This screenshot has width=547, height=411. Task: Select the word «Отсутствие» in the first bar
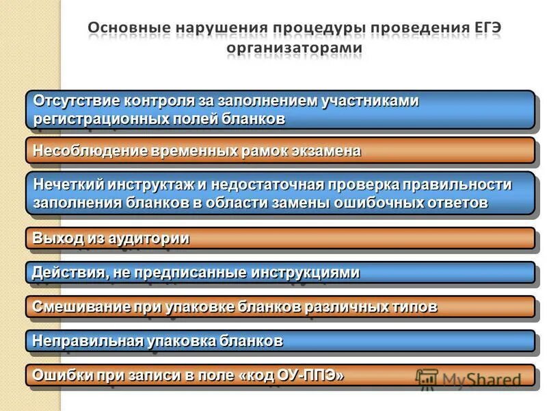77,101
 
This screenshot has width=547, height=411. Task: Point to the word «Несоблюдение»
81,151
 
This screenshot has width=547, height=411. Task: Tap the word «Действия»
64,273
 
